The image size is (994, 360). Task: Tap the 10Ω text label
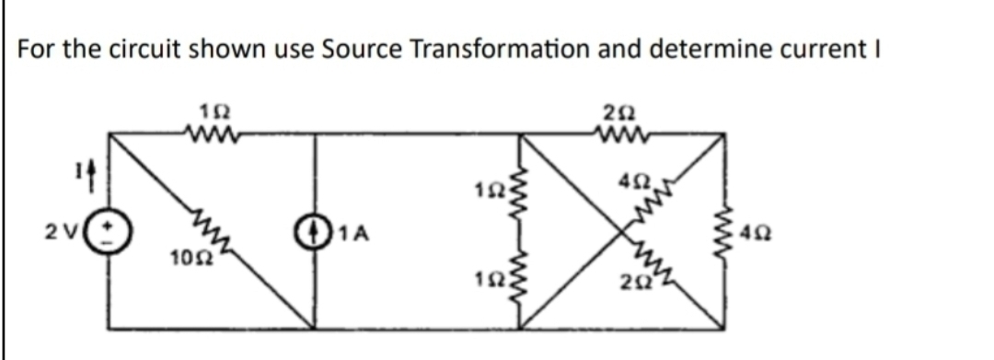[x=187, y=255]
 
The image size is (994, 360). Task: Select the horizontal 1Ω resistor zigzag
[x=213, y=134]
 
